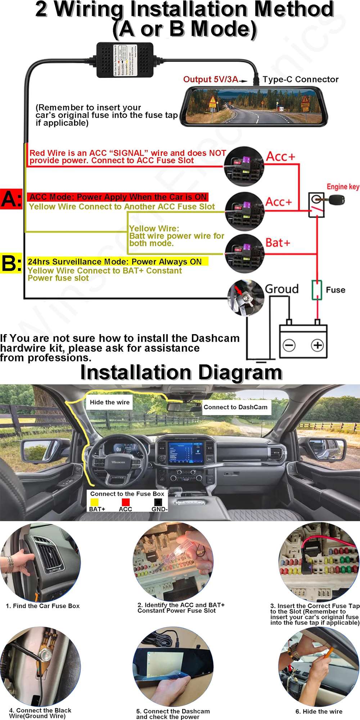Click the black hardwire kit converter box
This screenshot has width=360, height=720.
(x=125, y=60)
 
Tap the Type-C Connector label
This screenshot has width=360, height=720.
(x=300, y=79)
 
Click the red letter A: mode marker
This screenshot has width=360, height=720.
(x=11, y=199)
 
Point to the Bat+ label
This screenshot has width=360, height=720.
(x=278, y=243)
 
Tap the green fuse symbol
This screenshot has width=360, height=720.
(x=316, y=290)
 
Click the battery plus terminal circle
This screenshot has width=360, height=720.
(x=317, y=345)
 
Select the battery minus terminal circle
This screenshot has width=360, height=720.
(x=289, y=345)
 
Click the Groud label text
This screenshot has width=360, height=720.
(x=282, y=289)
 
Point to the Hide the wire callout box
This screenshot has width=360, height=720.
(x=109, y=402)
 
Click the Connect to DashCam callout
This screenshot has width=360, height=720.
(x=236, y=407)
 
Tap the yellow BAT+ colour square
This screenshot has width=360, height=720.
(x=94, y=502)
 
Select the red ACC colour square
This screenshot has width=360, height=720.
(x=126, y=502)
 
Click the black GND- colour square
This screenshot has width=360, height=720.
(x=158, y=502)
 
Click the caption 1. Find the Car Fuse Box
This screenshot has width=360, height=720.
(x=42, y=606)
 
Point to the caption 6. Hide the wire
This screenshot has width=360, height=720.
(x=319, y=712)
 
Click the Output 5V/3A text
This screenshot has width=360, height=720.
(x=211, y=79)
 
